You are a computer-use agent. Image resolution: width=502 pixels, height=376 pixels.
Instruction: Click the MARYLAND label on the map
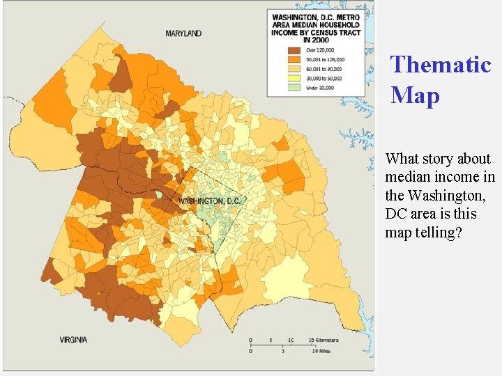click(183, 33)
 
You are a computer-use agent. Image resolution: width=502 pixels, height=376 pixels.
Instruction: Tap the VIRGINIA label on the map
click(73, 340)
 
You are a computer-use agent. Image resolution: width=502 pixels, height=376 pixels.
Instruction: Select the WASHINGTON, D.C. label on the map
click(209, 201)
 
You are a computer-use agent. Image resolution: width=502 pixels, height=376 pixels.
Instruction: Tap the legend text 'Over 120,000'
click(320, 51)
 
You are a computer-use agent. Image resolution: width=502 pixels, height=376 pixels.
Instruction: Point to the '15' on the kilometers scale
click(310, 340)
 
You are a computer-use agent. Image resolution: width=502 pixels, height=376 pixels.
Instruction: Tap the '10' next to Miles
click(314, 352)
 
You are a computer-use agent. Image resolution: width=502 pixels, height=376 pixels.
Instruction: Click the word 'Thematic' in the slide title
click(441, 65)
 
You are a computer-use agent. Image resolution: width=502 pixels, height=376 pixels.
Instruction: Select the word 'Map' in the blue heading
click(416, 95)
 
